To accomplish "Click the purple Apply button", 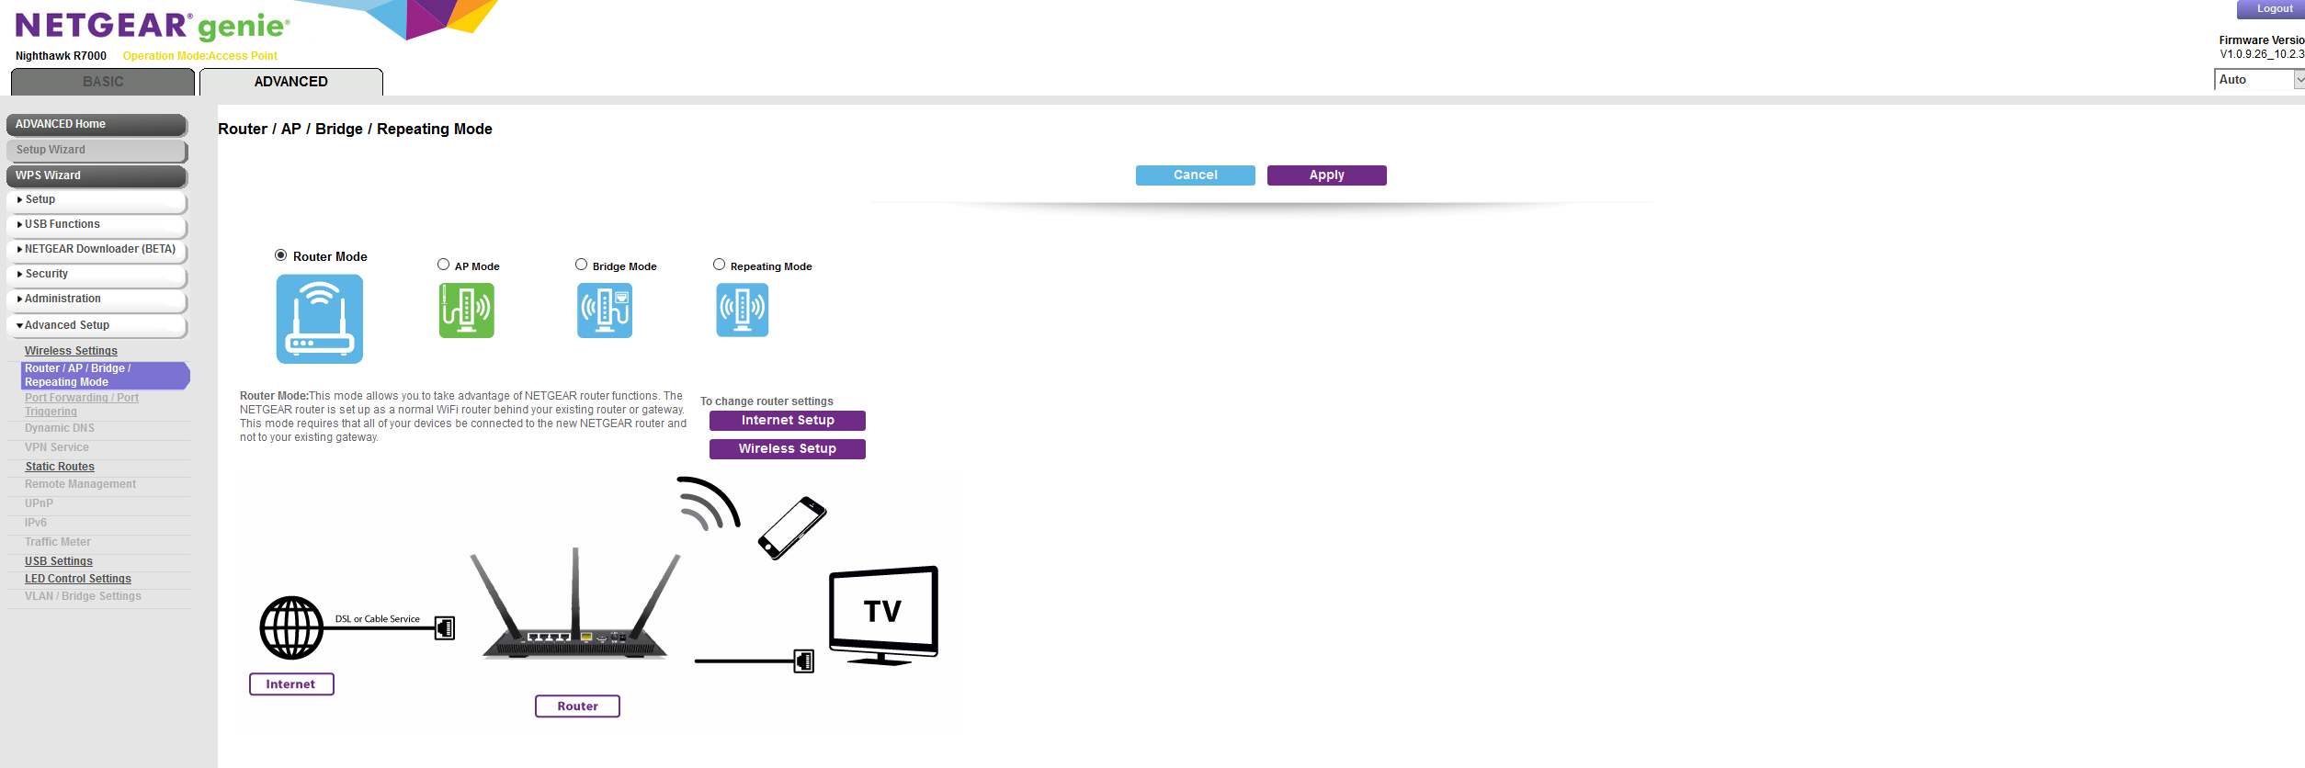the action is [x=1326, y=175].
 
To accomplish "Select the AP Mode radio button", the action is [x=444, y=265].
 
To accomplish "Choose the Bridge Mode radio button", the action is [x=582, y=265].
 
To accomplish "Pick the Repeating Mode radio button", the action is [x=720, y=265].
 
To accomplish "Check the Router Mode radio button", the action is [x=281, y=255].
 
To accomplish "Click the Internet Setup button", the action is [x=787, y=421].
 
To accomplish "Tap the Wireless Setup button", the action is [x=787, y=449].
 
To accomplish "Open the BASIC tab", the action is [x=103, y=82].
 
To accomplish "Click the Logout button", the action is [x=2275, y=9].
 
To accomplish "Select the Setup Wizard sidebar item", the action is [x=97, y=150].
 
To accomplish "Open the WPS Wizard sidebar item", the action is [x=97, y=175].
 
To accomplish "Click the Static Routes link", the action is [x=60, y=467].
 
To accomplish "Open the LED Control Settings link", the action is [x=78, y=579].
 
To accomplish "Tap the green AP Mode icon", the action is [x=467, y=311].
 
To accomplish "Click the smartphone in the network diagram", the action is [x=792, y=527].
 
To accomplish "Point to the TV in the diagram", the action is [x=883, y=614].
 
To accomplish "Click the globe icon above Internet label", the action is [x=291, y=628].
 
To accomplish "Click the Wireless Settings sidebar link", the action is [x=71, y=351].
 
